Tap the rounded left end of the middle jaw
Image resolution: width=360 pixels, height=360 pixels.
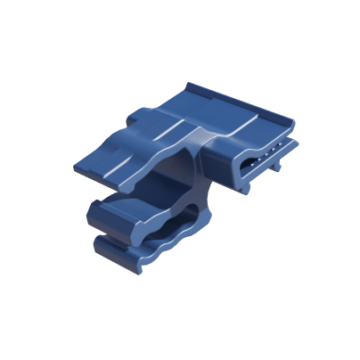pyautogui.click(x=95, y=213)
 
